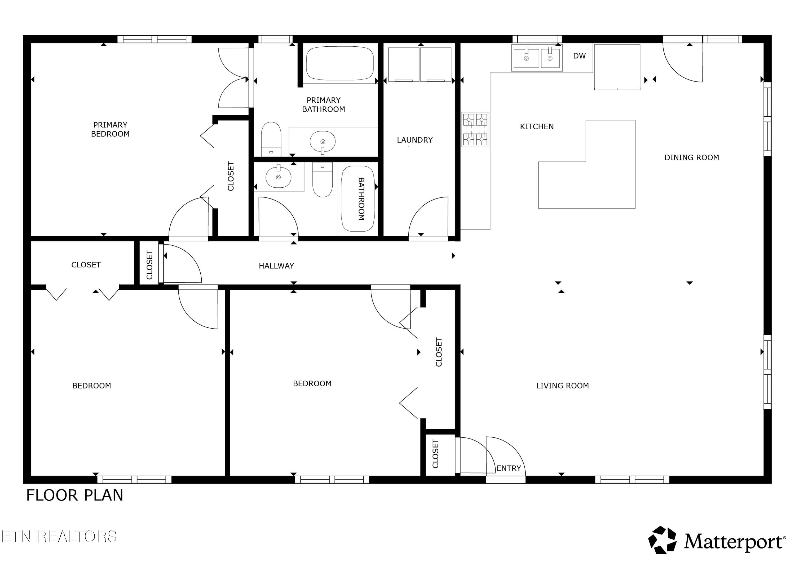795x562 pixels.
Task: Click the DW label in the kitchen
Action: point(579,56)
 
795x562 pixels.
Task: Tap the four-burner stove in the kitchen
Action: point(475,130)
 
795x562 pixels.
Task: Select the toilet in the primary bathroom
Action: point(271,139)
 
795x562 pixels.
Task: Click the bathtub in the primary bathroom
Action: point(340,63)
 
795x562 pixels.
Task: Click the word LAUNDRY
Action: point(415,140)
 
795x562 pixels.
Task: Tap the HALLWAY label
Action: point(276,266)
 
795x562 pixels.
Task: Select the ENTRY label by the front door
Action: point(509,468)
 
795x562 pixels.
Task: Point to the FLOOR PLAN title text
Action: point(75,495)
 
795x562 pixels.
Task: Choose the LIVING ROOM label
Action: point(562,386)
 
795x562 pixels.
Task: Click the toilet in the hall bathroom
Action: point(322,179)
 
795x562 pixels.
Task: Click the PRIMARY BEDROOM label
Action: point(110,129)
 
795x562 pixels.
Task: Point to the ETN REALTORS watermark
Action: point(59,536)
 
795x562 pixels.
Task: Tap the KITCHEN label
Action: point(537,127)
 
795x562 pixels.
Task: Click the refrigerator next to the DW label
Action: point(617,67)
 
